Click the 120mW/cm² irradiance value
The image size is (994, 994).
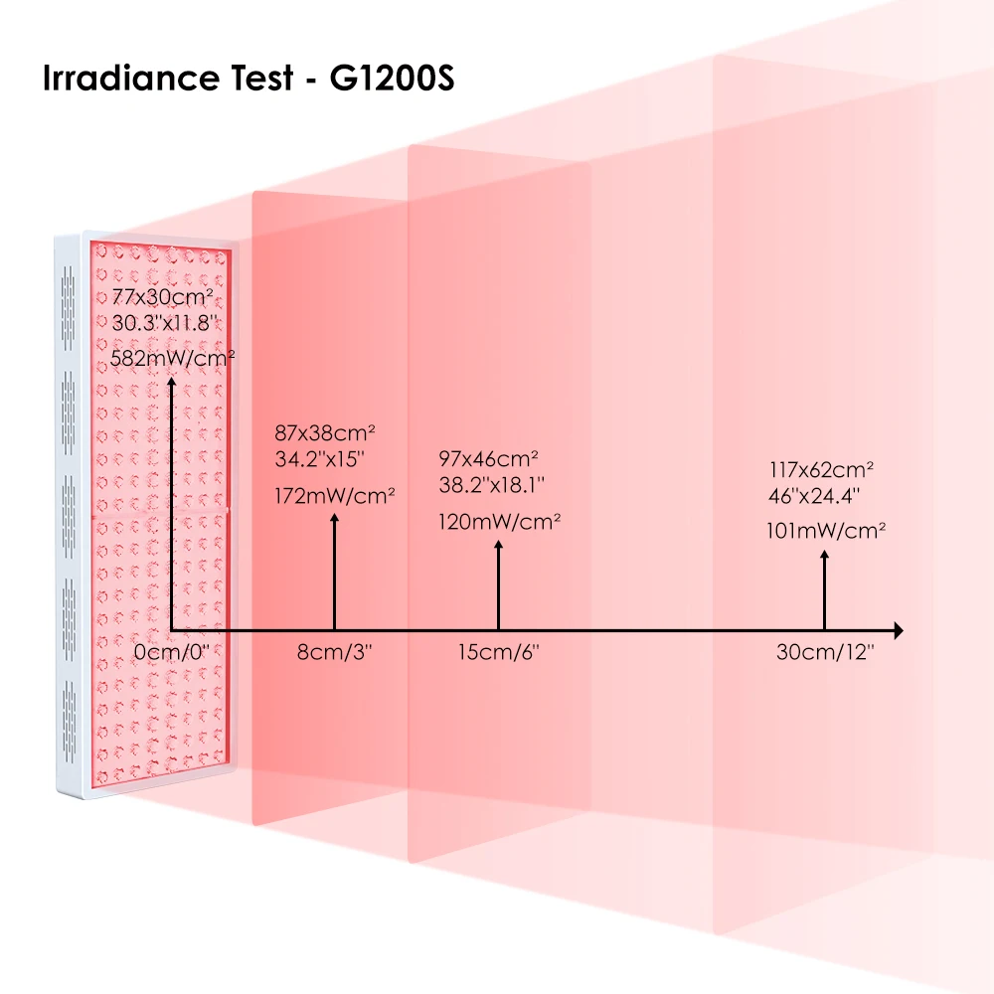[x=499, y=520]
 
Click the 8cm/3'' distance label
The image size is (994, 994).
[x=336, y=653]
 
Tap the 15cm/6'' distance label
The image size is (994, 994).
[x=498, y=653]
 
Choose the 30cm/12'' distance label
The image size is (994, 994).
[x=825, y=653]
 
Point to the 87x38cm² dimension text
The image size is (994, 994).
[x=324, y=433]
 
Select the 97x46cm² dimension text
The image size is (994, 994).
[x=488, y=458]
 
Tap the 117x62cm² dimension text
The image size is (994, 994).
[x=821, y=468]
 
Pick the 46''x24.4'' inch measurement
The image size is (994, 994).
[x=814, y=494]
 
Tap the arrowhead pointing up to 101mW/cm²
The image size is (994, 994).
[x=824, y=559]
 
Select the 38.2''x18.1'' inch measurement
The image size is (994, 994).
[x=491, y=484]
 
